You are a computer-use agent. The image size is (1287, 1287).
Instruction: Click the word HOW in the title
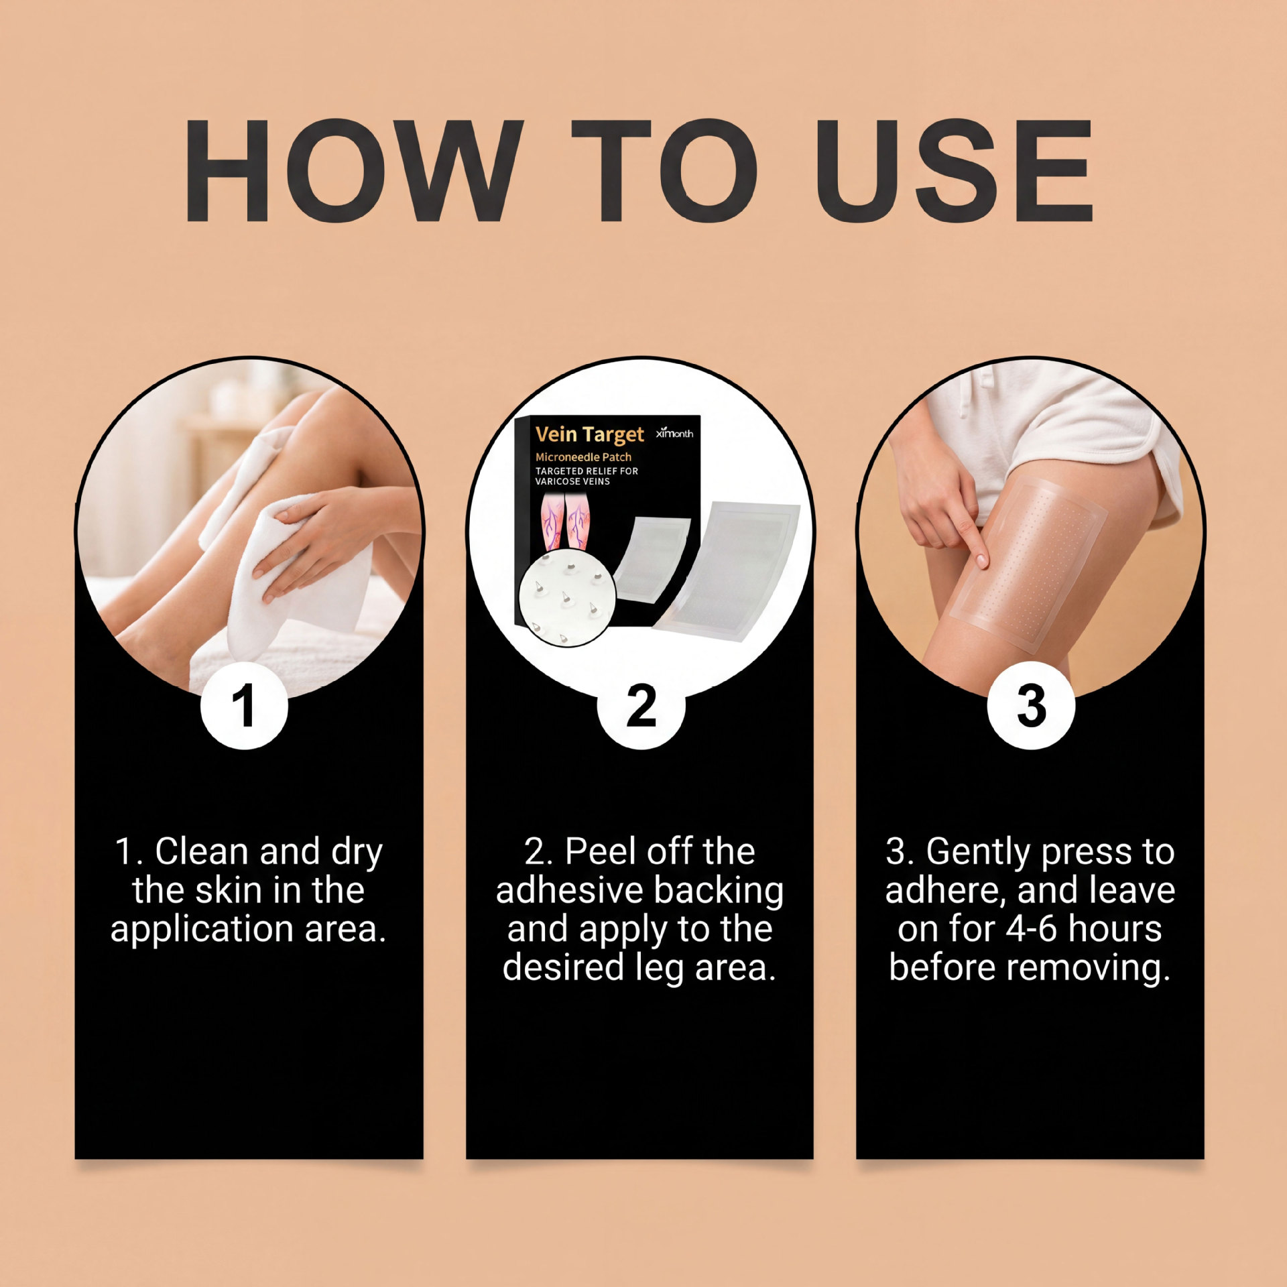353,171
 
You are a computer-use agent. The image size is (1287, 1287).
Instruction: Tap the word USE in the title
955,171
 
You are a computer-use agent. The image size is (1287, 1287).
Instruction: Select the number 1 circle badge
244,705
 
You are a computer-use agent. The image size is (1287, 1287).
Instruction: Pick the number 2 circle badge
641,705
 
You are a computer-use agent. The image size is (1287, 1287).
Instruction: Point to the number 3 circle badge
1031,705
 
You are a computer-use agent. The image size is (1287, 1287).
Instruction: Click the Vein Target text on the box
589,435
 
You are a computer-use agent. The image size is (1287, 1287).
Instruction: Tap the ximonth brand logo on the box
674,433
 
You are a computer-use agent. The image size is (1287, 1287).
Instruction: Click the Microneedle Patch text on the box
583,457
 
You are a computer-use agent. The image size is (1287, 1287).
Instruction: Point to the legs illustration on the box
565,524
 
